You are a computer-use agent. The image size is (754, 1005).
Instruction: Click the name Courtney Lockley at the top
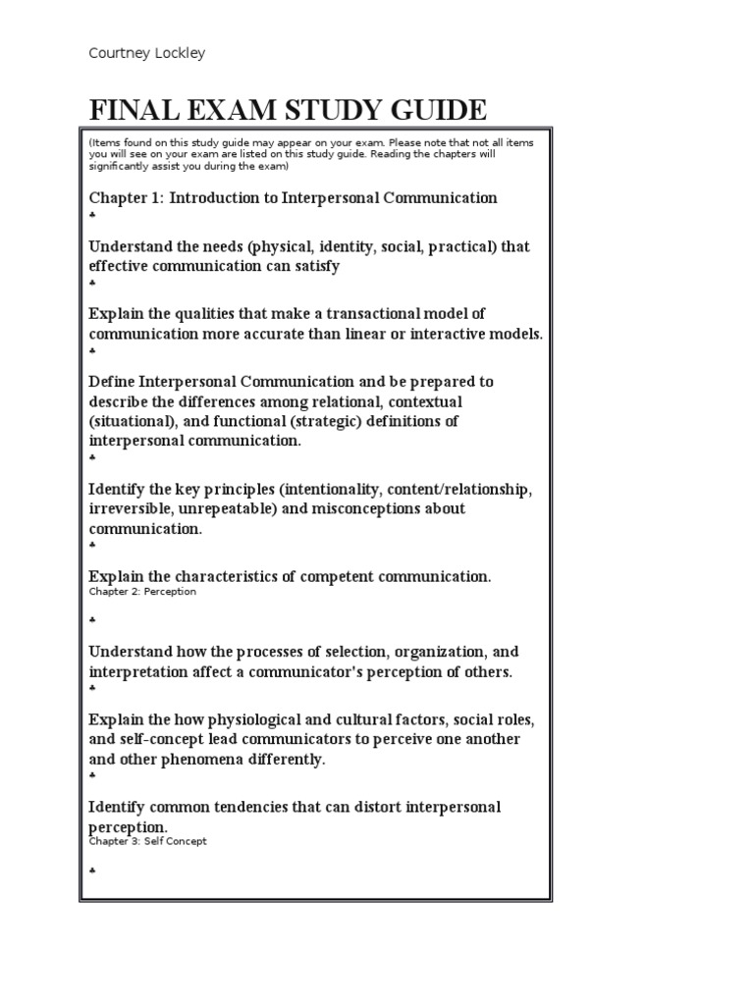[x=147, y=54]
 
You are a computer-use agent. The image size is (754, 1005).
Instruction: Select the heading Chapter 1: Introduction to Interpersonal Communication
[x=293, y=198]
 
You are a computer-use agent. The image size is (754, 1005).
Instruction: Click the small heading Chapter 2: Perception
[x=142, y=592]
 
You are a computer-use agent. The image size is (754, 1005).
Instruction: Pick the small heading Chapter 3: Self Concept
[x=147, y=841]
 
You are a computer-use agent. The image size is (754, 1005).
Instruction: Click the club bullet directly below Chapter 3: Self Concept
[x=92, y=871]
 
